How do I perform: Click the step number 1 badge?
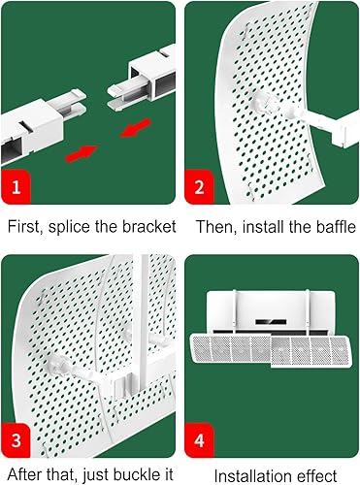pyautogui.click(x=16, y=187)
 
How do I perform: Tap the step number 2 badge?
pyautogui.click(x=199, y=187)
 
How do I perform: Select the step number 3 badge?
pyautogui.click(x=16, y=440)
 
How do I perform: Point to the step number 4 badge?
pyautogui.click(x=199, y=440)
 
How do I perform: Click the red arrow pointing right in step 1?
pyautogui.click(x=82, y=153)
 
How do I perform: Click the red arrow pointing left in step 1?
pyautogui.click(x=136, y=128)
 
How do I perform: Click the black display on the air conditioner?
pyautogui.click(x=271, y=322)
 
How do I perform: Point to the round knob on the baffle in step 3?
pyautogui.click(x=56, y=366)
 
